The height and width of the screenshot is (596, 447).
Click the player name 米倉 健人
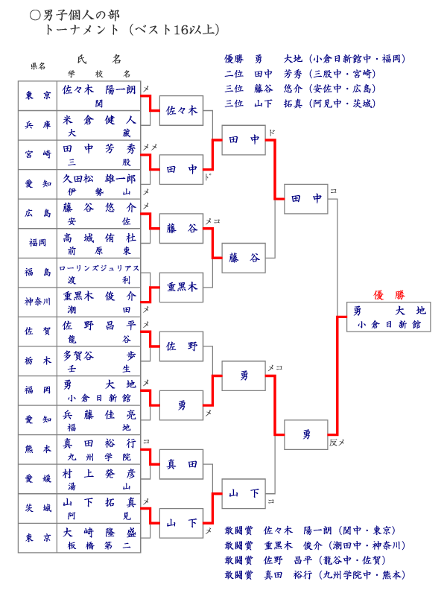99,119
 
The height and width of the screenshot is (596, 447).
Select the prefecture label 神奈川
38,302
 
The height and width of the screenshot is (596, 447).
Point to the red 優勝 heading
388,294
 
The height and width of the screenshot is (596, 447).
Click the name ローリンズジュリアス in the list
99,267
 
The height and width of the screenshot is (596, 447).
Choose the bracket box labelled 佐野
182,346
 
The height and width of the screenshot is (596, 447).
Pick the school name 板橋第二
99,546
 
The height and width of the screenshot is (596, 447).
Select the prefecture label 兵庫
38,125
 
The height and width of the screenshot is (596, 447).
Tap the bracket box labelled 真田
182,464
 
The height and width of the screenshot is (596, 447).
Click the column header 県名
38,66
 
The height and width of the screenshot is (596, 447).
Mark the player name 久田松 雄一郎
99,178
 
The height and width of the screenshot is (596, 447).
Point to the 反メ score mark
337,443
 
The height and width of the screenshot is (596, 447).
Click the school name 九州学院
99,457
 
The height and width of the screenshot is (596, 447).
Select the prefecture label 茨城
38,508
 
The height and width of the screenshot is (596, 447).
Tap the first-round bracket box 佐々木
182,110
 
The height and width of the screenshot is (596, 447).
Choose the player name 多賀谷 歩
99,355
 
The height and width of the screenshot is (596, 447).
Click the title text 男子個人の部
82,15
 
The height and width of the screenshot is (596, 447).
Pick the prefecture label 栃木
38,361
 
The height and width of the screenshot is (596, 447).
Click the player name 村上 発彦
99,473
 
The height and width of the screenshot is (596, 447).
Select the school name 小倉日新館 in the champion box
388,325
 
